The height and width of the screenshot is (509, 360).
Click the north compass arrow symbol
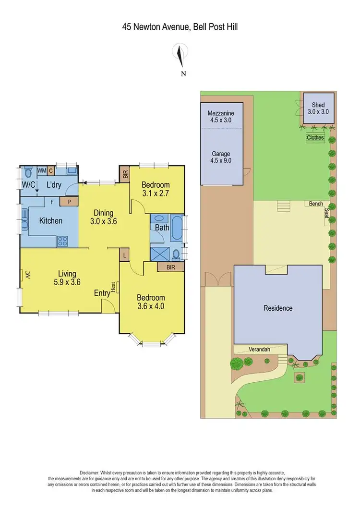180,55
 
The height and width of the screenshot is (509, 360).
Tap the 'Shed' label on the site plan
318,105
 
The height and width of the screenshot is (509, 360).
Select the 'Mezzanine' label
221,113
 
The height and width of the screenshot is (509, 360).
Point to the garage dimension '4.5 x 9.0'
221,161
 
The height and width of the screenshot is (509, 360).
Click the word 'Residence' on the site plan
278,308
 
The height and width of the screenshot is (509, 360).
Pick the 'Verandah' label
259,350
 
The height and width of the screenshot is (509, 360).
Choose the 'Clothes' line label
315,138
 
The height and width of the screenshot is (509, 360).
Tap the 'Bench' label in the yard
316,204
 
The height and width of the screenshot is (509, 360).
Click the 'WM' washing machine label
42,170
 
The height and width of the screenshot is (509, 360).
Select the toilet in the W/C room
27,172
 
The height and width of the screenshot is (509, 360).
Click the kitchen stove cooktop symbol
63,240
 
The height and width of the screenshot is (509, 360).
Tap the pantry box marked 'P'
69,202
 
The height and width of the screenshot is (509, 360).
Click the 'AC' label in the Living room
28,275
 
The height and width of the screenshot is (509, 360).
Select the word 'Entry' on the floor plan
102,293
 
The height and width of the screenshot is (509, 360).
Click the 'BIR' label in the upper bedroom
125,174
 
